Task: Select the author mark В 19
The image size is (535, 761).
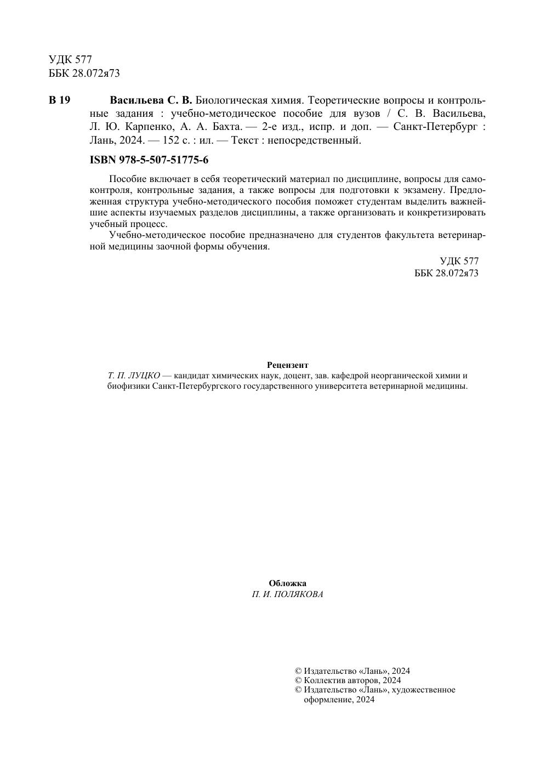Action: [60, 100]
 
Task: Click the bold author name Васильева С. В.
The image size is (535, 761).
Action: [151, 100]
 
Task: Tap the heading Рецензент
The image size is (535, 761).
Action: [288, 365]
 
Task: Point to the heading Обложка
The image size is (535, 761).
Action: [288, 583]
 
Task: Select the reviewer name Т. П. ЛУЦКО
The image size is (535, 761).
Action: [134, 376]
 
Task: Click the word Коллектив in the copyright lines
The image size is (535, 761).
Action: [325, 680]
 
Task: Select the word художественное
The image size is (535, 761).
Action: [423, 690]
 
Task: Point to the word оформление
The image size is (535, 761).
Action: [328, 699]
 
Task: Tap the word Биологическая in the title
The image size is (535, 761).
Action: [230, 100]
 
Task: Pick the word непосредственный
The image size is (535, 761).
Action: [315, 140]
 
